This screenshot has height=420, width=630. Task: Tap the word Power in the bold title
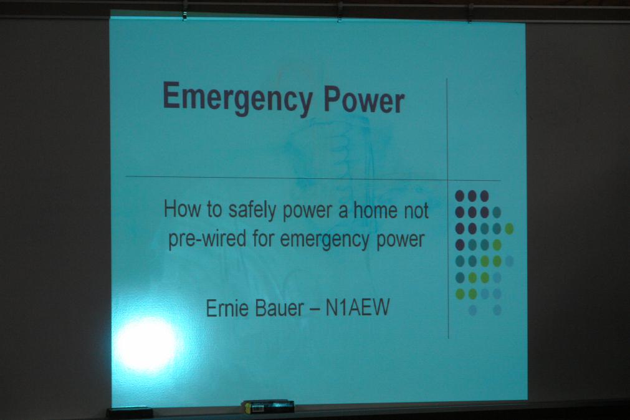pos(364,100)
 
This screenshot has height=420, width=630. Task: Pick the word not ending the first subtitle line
pos(416,211)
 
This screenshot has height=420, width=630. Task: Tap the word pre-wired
pos(207,238)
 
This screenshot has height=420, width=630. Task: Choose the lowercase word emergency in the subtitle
pos(324,239)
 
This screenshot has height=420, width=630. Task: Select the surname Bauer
pos(279,308)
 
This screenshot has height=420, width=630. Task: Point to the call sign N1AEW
pos(357,307)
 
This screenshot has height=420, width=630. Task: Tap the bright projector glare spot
pos(146,344)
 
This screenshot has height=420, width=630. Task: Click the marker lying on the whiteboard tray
pos(268,406)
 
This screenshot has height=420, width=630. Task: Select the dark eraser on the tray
pos(130,413)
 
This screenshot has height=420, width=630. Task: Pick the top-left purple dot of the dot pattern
pos(460,196)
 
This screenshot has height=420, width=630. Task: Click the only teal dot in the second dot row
pos(497,212)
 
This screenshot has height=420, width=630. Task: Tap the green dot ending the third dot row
pos(509,229)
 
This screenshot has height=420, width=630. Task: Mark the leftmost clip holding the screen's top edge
pos(184,11)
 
